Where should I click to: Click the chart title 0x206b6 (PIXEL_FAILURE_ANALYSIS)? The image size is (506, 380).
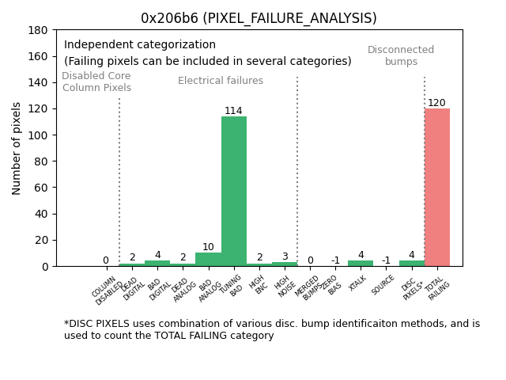point(259,18)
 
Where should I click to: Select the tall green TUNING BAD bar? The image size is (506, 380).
point(234,190)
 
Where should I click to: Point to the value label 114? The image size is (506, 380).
point(233,111)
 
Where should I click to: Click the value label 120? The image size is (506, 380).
point(437,103)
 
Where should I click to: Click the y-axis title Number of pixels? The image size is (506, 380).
point(17,148)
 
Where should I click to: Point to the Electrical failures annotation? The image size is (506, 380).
point(221,81)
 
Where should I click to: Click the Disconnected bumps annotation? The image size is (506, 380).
point(401,55)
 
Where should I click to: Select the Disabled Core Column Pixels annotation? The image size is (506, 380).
point(96,82)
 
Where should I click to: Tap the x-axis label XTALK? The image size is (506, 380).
point(358,283)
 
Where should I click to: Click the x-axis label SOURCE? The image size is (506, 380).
point(383,285)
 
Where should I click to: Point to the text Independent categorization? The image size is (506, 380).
point(140,45)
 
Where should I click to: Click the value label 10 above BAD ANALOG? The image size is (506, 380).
point(208,247)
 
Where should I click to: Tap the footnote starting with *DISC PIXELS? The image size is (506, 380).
point(272,329)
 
